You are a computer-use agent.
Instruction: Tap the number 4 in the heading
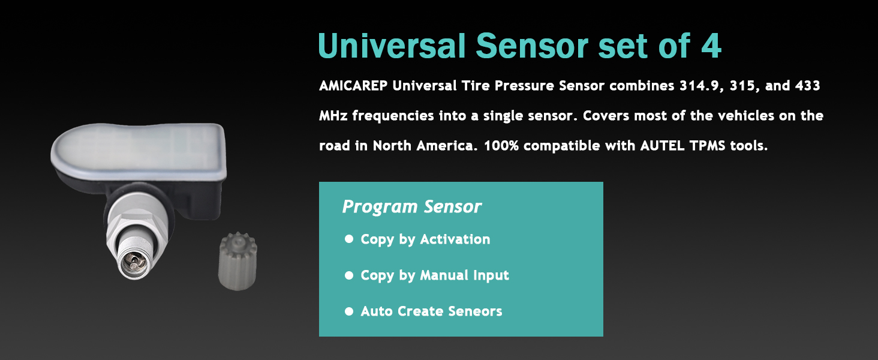point(711,46)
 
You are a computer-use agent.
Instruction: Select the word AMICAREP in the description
point(353,85)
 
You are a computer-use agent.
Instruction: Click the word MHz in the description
point(333,116)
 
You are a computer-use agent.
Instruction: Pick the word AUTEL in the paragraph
point(663,146)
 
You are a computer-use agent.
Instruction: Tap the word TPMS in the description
point(708,146)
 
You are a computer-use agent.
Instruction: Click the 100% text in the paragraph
point(501,146)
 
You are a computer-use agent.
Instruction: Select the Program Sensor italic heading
point(411,206)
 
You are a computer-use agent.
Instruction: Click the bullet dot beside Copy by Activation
point(349,239)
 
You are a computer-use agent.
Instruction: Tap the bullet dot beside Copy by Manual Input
point(349,275)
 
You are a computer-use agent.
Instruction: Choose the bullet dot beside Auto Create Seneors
point(349,311)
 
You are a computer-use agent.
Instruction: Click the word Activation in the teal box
point(455,239)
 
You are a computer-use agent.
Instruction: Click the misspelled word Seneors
point(475,311)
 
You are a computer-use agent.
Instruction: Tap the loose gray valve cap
point(237,261)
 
